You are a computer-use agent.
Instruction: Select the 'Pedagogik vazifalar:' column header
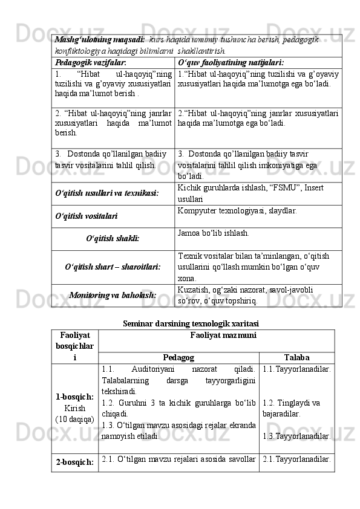tap(90, 62)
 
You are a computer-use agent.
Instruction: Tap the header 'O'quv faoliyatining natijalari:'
tap(231, 62)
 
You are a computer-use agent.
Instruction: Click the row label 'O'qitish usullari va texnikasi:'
tap(106, 193)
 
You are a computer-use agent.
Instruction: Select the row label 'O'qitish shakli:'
tap(113, 238)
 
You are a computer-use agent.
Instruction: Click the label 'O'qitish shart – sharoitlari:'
tap(113, 267)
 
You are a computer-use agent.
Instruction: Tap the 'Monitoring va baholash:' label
tap(113, 295)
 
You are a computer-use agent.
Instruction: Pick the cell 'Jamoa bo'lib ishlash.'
tap(214, 232)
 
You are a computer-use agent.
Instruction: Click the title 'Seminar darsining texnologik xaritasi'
tap(191, 323)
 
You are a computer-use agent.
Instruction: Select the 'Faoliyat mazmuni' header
tap(215, 334)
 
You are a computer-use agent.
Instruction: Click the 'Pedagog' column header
tap(178, 357)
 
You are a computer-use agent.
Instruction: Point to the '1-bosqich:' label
tap(74, 397)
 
